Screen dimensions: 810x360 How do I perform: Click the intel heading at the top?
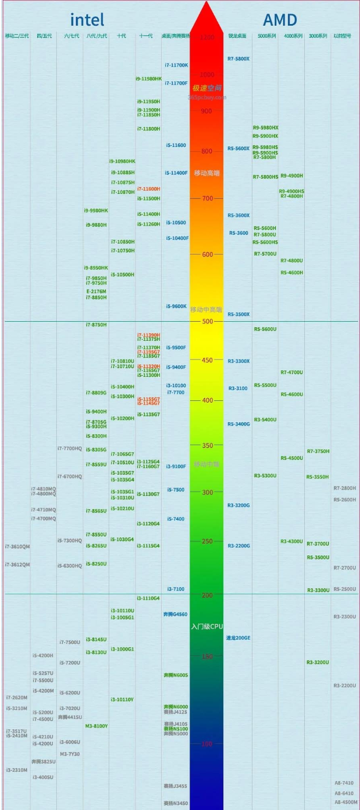click(x=87, y=20)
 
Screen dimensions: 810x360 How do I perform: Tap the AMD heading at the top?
click(x=280, y=20)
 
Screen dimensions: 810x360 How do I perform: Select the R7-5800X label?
click(x=238, y=58)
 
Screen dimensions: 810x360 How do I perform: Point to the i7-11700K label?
click(x=176, y=65)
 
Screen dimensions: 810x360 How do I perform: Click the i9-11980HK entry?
click(x=149, y=79)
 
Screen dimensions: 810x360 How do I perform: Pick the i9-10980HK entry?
click(x=122, y=161)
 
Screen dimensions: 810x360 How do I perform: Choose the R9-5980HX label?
click(x=265, y=128)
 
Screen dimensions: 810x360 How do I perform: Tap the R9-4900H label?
click(x=292, y=176)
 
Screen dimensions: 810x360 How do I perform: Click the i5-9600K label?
click(x=176, y=306)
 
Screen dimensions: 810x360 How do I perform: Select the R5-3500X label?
click(x=238, y=315)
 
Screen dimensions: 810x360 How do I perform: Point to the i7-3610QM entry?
click(x=17, y=547)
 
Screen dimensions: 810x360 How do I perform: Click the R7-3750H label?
click(x=318, y=451)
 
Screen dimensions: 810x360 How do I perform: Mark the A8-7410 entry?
click(x=344, y=783)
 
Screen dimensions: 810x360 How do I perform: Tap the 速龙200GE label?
click(x=238, y=638)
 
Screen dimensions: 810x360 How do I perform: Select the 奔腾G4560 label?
click(x=175, y=614)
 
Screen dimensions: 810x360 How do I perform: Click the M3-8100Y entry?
click(x=96, y=726)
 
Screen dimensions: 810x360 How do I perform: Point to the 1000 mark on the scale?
click(x=206, y=74)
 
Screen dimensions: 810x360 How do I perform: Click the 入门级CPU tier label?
click(x=206, y=626)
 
